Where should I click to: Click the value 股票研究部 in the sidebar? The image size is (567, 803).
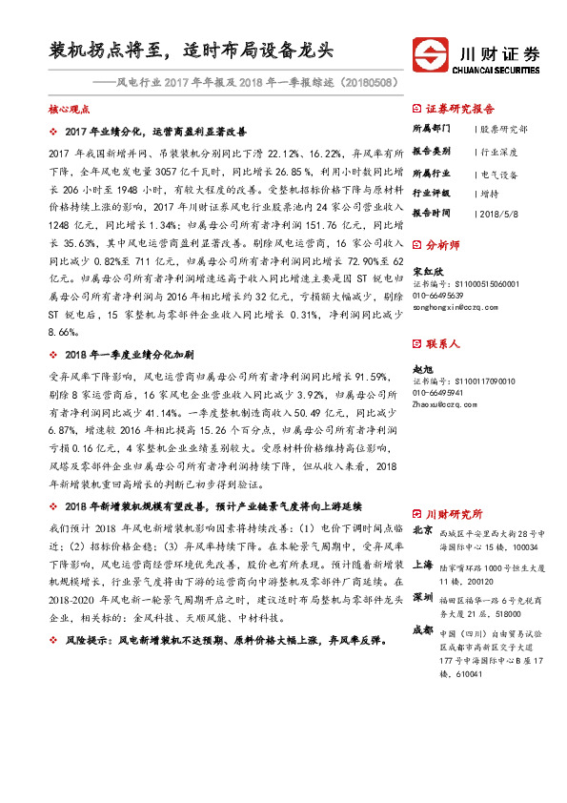click(505, 129)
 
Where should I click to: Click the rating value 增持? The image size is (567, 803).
click(490, 193)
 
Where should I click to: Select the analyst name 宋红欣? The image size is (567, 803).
click(425, 271)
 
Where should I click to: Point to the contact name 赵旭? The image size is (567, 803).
click(421, 366)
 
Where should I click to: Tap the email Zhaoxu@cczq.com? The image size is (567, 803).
click(444, 404)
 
